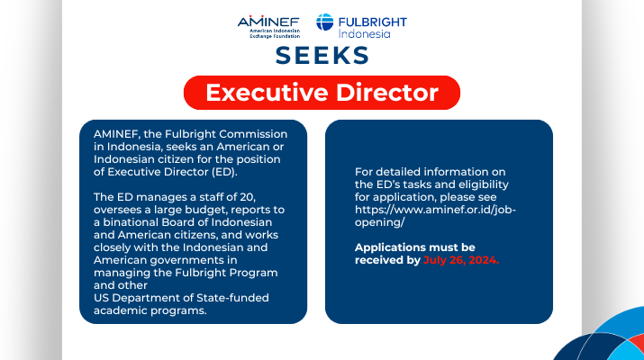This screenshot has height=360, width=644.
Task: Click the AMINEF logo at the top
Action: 268,27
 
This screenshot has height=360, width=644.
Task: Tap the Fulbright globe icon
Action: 324,22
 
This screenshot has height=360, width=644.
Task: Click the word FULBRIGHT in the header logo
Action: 373,22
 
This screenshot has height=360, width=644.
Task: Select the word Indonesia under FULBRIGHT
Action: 364,33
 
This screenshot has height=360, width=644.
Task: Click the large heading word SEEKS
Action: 322,56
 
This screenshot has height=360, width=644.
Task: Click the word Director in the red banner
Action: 387,93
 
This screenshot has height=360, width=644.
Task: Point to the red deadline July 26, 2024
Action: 461,260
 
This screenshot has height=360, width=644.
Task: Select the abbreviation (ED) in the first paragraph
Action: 224,172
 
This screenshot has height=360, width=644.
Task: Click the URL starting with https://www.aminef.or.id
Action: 435,216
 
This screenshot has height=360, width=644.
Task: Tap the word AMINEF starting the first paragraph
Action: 117,134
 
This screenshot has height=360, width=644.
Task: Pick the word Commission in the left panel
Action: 253,134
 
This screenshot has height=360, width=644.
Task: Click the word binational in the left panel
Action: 131,222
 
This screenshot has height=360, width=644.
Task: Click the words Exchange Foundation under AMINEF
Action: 275,36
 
